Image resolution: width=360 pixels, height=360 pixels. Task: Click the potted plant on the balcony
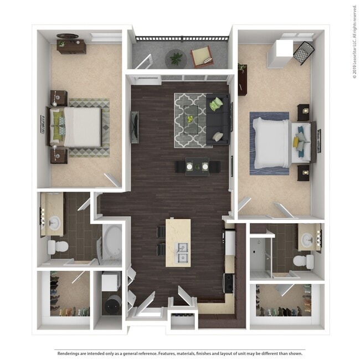tap(176, 57)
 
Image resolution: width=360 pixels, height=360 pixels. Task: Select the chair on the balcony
tap(202, 56)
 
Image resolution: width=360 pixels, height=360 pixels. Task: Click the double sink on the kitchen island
tap(182, 252)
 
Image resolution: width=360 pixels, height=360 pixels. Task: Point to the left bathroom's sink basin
tap(54, 223)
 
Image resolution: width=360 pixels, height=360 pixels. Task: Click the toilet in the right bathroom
tap(302, 260)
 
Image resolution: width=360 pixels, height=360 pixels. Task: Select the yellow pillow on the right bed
tap(297, 143)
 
